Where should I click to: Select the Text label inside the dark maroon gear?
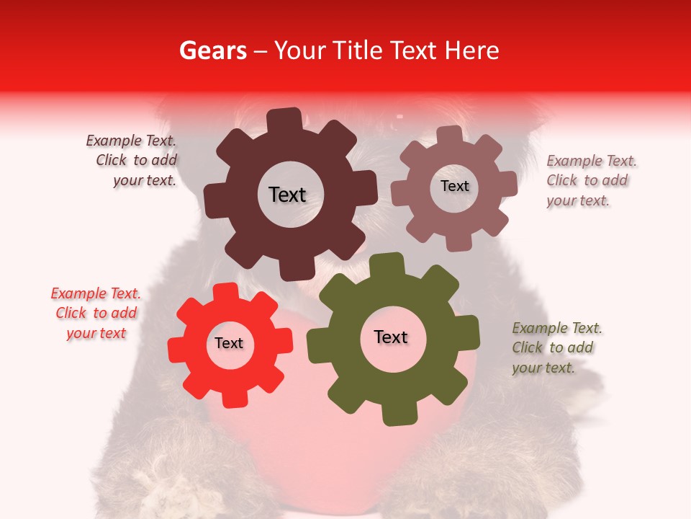(287, 195)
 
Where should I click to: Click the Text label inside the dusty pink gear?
(454, 186)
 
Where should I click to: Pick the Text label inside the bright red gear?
(229, 344)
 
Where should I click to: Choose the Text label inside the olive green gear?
(391, 337)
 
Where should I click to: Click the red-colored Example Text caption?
(96, 314)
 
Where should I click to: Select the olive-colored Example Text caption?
(557, 347)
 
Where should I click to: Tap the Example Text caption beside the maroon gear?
(132, 161)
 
